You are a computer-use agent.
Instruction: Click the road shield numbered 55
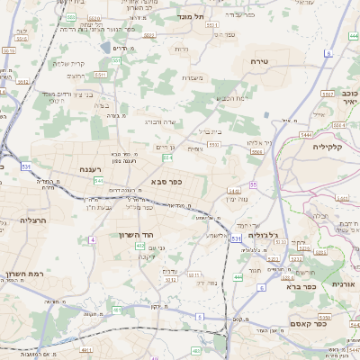point(254,184)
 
